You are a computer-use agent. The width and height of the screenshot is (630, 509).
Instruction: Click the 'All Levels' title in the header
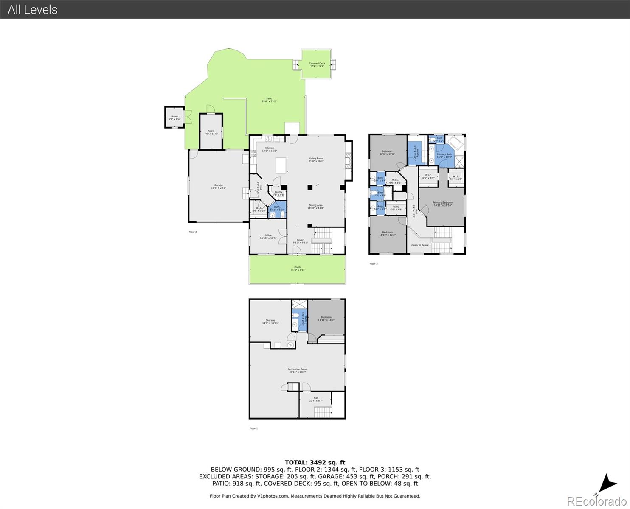click(x=33, y=9)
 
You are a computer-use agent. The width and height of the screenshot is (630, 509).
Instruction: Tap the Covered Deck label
click(x=317, y=65)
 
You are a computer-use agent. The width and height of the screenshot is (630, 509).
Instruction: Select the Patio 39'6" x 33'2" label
click(x=269, y=100)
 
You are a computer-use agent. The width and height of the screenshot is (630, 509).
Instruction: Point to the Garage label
click(x=218, y=186)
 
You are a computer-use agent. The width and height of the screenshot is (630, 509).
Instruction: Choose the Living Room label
click(x=316, y=160)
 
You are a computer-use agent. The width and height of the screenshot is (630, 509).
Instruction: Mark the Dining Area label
click(x=316, y=207)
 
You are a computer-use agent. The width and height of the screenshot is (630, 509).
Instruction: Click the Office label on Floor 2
click(x=268, y=237)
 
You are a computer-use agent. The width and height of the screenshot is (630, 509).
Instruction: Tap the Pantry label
click(x=278, y=193)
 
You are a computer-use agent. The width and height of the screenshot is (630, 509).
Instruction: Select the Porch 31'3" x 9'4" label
click(x=297, y=268)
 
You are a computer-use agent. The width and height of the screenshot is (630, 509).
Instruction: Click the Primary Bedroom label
click(x=443, y=204)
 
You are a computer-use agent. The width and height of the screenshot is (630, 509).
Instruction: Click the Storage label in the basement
click(x=270, y=322)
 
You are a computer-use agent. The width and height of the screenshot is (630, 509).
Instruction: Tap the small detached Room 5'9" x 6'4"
click(x=174, y=117)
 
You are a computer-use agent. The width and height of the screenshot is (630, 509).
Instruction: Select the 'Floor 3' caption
click(x=373, y=264)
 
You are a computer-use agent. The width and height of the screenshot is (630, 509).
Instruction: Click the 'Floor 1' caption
click(x=253, y=428)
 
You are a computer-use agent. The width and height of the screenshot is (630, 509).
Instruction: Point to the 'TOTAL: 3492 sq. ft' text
click(x=315, y=462)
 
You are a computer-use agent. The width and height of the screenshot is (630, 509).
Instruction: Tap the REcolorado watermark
click(x=596, y=501)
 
